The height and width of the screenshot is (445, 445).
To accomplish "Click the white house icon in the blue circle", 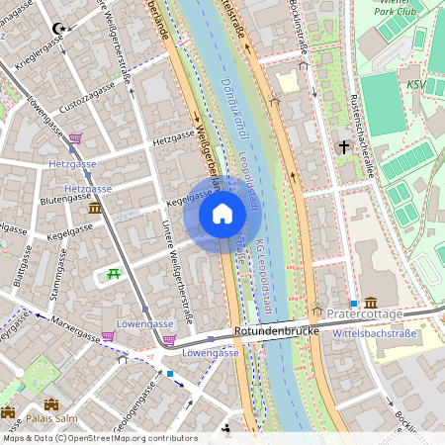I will pyautogui.click(x=222, y=214).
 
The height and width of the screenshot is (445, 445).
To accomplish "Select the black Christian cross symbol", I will pyautogui.click(x=344, y=146).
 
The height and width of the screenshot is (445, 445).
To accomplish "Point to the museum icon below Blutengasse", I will pyautogui.click(x=94, y=209).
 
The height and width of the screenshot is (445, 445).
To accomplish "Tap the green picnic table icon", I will pyautogui.click(x=116, y=273).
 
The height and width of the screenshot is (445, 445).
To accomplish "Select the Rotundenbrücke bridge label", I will pyautogui.click(x=276, y=332).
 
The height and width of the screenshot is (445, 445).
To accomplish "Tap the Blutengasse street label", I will pyautogui.click(x=65, y=198).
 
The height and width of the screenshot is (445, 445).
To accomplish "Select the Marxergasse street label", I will pyautogui.click(x=69, y=329).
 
